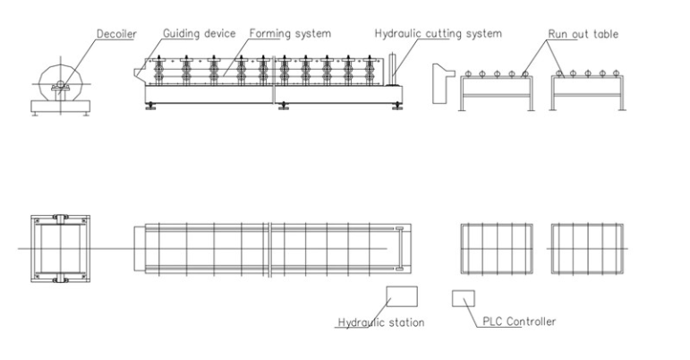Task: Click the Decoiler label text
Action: click(116, 34)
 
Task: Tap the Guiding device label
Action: click(200, 33)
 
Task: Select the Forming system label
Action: click(290, 33)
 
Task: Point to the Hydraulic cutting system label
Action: click(439, 33)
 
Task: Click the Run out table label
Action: click(584, 34)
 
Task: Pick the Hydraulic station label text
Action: click(381, 322)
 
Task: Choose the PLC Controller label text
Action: click(519, 321)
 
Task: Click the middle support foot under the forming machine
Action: click(284, 106)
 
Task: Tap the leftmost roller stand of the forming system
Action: click(159, 71)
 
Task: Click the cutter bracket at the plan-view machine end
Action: click(399, 249)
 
